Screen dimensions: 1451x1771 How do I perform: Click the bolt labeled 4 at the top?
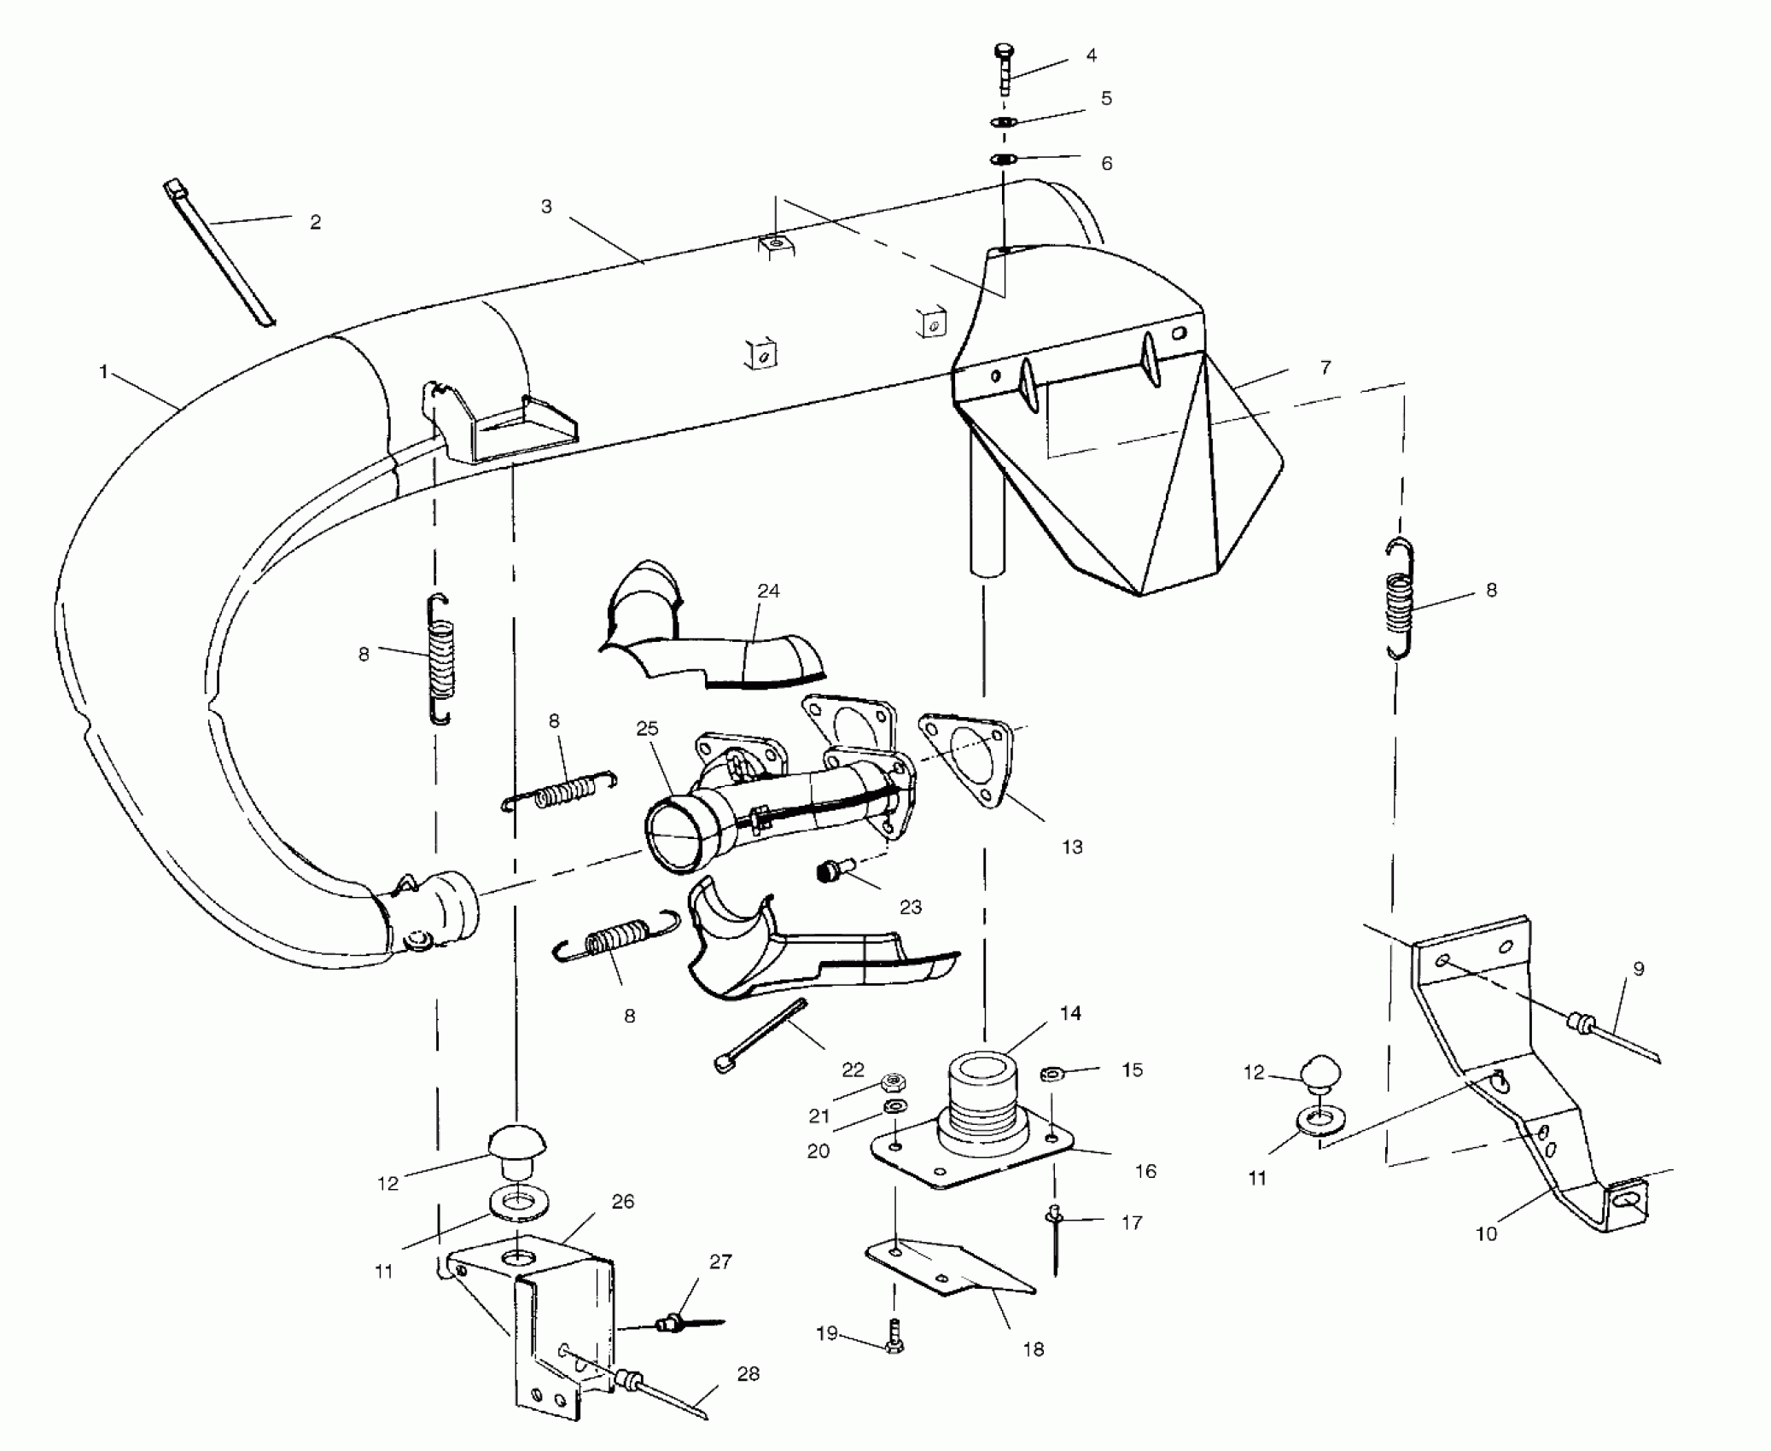point(1004,68)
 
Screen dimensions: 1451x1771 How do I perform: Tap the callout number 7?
point(1325,368)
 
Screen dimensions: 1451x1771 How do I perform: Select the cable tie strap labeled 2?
point(218,253)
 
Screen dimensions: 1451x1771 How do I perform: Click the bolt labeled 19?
point(894,1336)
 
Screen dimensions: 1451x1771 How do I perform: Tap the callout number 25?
point(648,728)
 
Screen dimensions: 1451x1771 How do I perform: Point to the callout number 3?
point(546,207)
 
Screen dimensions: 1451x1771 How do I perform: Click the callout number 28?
point(748,1373)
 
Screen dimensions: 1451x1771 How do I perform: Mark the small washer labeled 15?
point(1053,1073)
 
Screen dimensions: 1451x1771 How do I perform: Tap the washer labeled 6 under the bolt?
point(1004,159)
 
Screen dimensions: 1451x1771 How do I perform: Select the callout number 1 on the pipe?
point(104,373)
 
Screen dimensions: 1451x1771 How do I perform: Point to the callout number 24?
point(768,591)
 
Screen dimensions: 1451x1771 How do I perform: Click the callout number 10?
point(1486,1233)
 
